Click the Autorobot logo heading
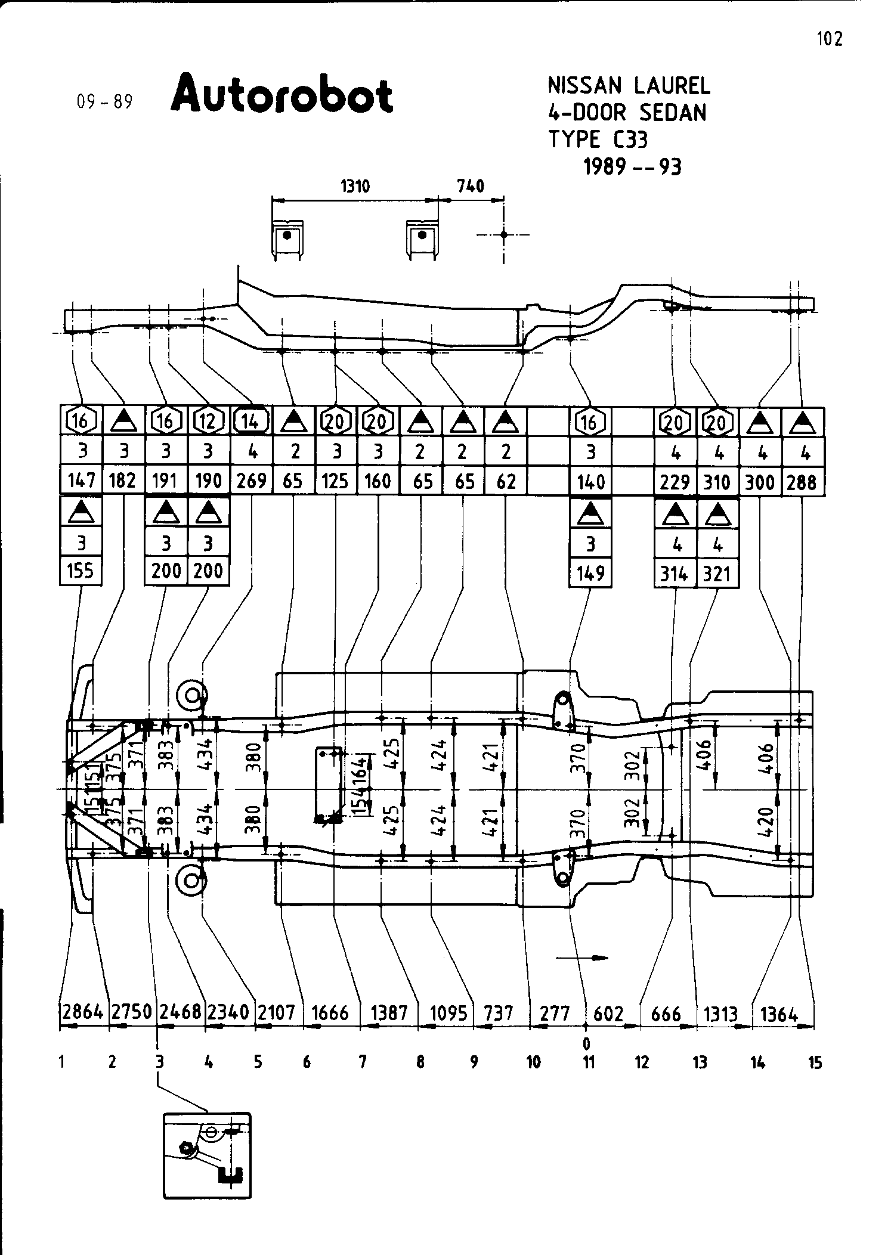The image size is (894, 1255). click(x=281, y=94)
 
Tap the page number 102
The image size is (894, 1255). click(x=830, y=39)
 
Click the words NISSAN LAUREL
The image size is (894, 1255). click(x=629, y=86)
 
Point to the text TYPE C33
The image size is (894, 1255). click(x=598, y=139)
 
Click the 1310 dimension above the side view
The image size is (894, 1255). click(x=355, y=187)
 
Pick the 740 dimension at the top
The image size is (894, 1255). click(x=471, y=187)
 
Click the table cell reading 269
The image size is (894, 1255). click(x=252, y=481)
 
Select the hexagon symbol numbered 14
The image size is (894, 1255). click(x=252, y=422)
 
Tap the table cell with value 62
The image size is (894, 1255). click(x=506, y=481)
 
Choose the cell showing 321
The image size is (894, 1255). click(x=717, y=574)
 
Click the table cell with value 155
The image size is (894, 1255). click(x=81, y=571)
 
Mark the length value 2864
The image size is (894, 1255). click(x=84, y=1013)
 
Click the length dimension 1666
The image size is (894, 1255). click(x=330, y=1013)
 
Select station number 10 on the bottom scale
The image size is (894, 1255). click(x=533, y=1062)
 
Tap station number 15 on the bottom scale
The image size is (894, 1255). click(x=815, y=1062)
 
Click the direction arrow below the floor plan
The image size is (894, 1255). click(x=581, y=958)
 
